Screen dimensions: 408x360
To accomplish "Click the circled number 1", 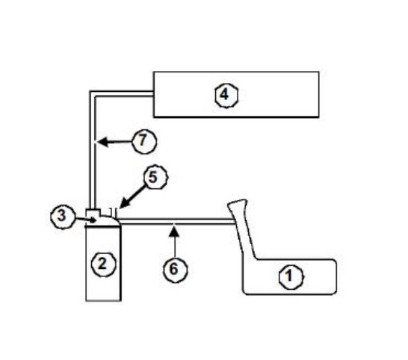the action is click(x=291, y=277).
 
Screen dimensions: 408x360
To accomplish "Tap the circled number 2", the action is click(x=103, y=264).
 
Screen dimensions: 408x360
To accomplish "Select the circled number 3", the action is click(x=63, y=217).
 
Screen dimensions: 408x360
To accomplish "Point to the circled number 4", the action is click(x=226, y=96).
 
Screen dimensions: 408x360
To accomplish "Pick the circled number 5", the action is click(x=155, y=177).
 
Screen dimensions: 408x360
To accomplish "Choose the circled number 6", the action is click(x=175, y=270).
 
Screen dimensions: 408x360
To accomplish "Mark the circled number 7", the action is click(x=144, y=141).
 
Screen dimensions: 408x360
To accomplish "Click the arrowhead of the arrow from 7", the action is click(x=102, y=142).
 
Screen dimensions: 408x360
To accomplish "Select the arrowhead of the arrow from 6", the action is click(x=174, y=232).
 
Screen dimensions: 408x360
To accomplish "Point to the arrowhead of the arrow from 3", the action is click(x=93, y=220).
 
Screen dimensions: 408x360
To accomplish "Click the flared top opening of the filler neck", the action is click(x=238, y=202).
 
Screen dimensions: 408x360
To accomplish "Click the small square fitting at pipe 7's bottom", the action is click(x=93, y=212).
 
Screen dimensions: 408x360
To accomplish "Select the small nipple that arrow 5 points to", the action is click(x=114, y=213).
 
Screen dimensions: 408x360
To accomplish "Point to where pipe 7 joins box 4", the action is click(x=153, y=93).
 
